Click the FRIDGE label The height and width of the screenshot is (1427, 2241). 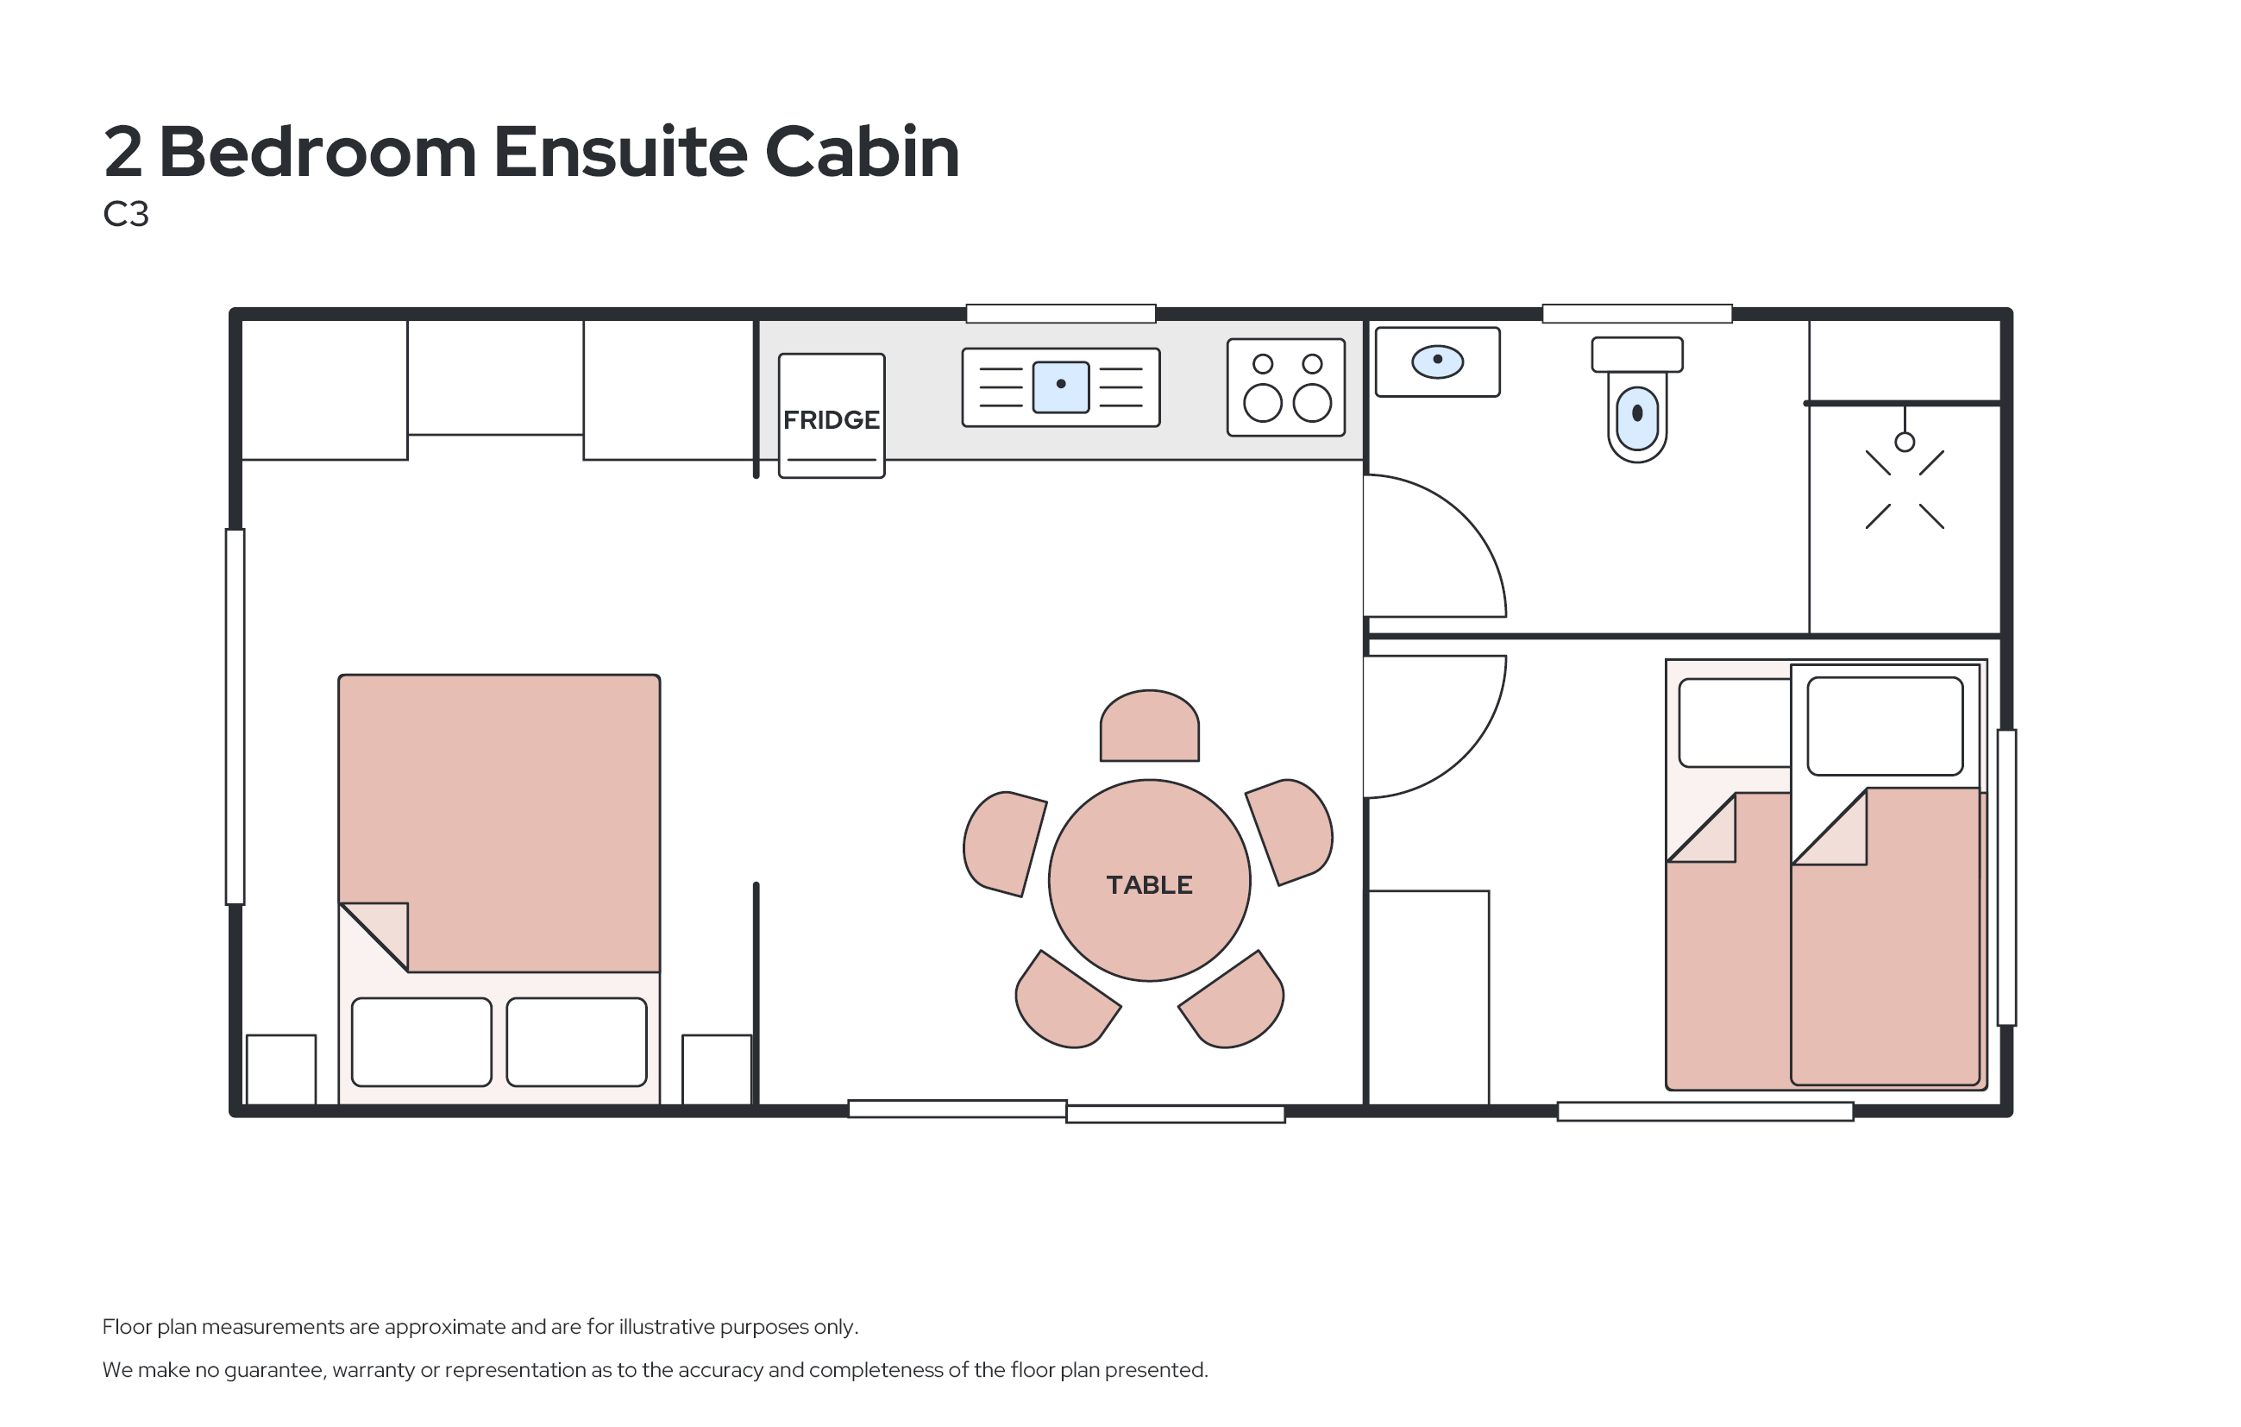point(830,420)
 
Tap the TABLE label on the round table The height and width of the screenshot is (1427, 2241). point(1148,884)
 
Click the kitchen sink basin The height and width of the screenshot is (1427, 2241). point(1060,387)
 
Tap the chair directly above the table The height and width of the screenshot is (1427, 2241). point(1148,727)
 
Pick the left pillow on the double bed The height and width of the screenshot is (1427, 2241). point(421,1041)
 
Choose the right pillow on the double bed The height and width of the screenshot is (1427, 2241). point(576,1041)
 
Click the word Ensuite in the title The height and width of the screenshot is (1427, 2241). point(618,152)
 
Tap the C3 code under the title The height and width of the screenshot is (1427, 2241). point(126,214)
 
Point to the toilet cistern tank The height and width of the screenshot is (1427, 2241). point(1636,355)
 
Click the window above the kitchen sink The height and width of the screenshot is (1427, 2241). point(1060,314)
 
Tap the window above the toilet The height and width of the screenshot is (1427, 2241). point(1636,314)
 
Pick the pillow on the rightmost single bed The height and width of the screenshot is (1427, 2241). point(1884,726)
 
